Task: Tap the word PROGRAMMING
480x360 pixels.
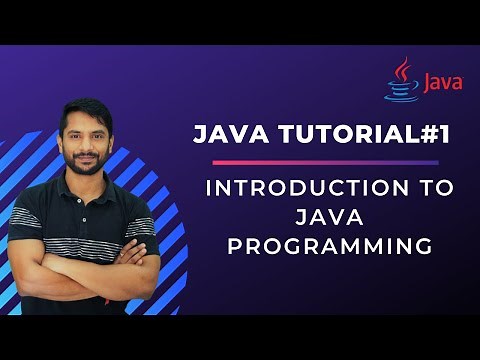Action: point(329,243)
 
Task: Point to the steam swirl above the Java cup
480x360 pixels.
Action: point(403,68)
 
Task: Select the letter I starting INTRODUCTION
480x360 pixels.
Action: point(208,187)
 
